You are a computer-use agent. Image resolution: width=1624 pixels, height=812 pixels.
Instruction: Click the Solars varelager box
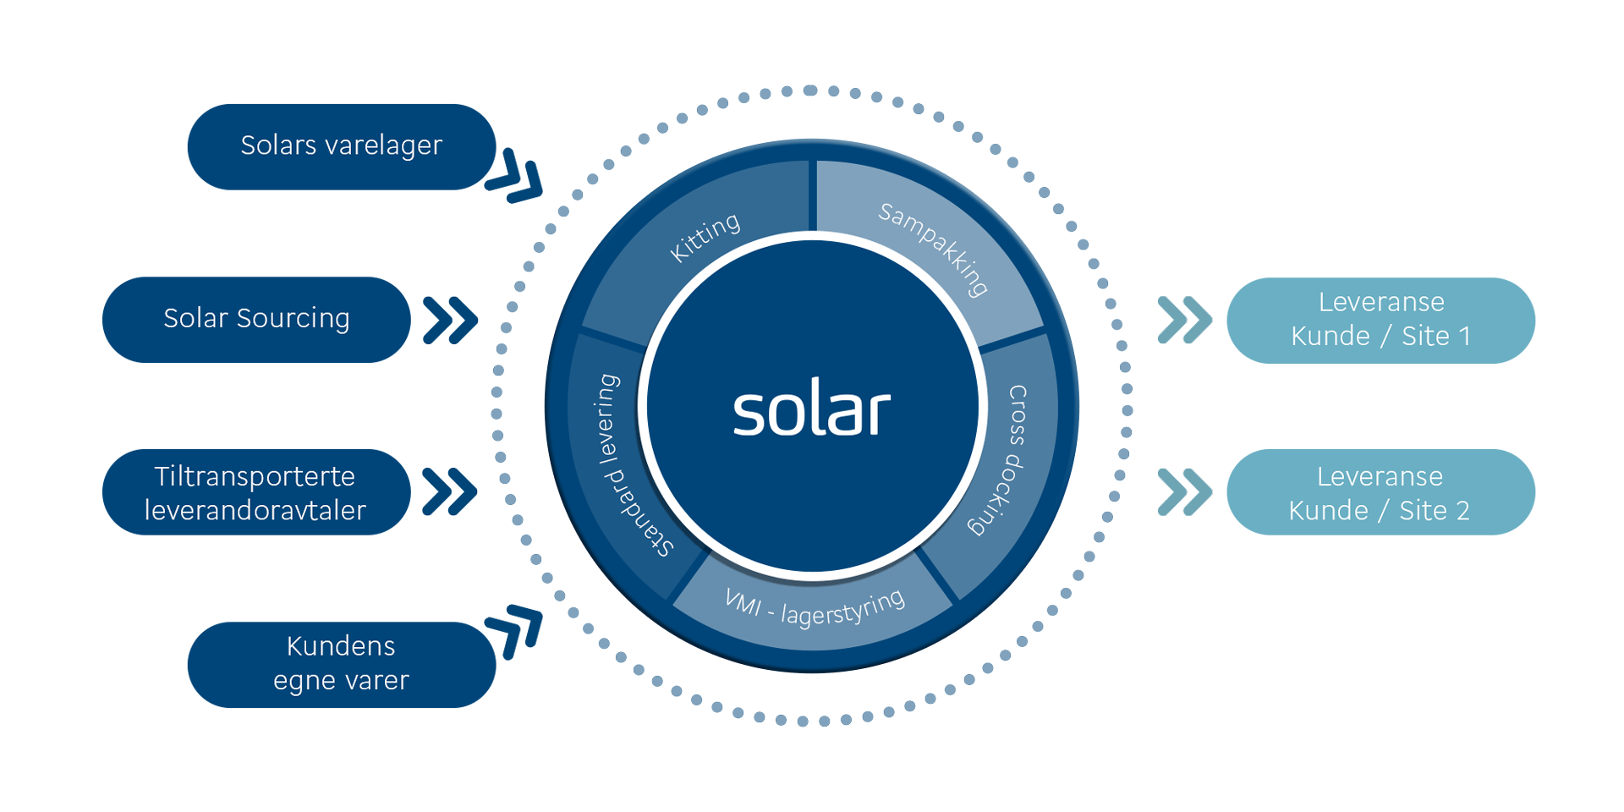point(341,146)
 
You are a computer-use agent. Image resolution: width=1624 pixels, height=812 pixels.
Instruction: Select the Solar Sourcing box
point(255,319)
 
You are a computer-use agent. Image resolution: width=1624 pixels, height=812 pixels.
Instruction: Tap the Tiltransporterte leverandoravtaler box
point(255,491)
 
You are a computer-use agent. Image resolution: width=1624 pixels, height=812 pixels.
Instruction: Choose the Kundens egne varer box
point(341,664)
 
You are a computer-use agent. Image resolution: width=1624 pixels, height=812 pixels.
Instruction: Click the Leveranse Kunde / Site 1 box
point(1380,320)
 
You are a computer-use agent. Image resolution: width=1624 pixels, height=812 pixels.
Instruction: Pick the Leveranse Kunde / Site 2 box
point(1380,491)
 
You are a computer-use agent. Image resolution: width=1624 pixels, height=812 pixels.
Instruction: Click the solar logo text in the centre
point(811,412)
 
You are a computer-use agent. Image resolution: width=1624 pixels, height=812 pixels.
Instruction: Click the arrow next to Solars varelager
point(514,176)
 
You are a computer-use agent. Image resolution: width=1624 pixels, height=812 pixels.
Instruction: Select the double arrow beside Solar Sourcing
point(450,320)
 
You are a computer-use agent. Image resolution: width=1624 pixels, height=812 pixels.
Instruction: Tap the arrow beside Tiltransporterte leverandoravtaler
point(449,491)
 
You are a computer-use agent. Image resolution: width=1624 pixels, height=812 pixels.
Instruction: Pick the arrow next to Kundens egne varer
point(514,631)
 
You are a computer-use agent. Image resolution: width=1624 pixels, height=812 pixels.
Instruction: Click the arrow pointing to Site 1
point(1184,320)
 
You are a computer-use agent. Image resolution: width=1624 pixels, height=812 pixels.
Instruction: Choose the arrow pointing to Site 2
point(1184,491)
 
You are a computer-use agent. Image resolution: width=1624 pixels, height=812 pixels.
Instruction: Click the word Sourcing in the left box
point(293,319)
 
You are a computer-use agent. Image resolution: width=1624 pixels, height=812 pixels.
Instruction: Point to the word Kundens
point(341,646)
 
